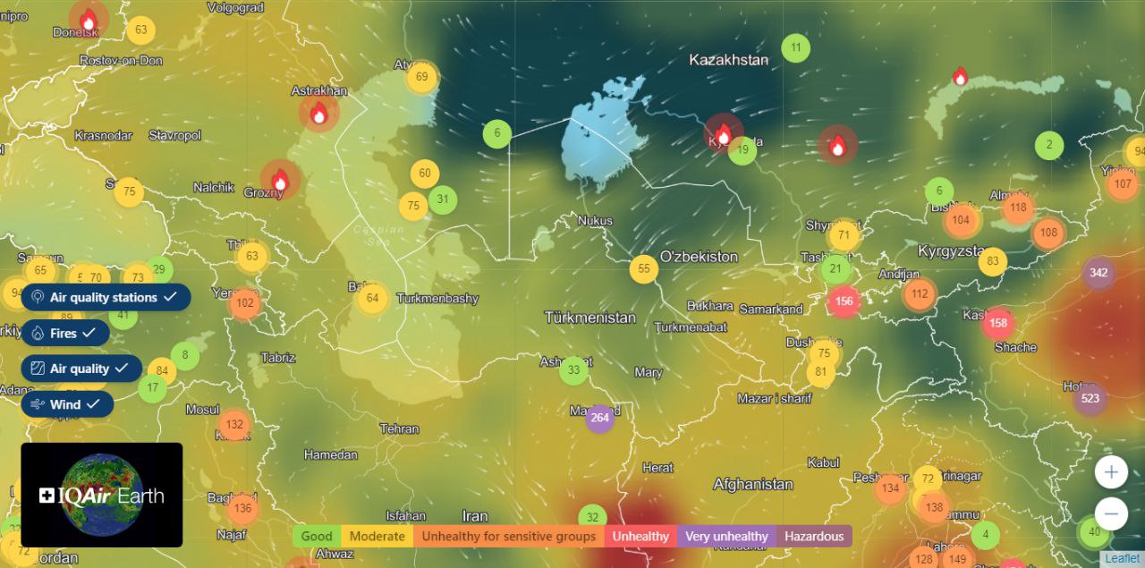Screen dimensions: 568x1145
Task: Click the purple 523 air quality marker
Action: coord(1090,399)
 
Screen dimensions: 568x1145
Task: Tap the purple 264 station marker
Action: coord(599,418)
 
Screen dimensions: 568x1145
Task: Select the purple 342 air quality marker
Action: coord(1098,273)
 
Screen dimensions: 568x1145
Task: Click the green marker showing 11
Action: coord(796,47)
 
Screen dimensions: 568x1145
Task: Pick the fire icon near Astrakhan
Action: coord(318,114)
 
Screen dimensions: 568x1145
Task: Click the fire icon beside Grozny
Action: coord(280,181)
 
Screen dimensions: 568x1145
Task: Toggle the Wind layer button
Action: coord(67,404)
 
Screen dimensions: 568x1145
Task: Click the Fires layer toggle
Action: coord(65,333)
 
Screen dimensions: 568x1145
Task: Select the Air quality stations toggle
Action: coord(106,297)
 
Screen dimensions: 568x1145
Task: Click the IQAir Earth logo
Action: coord(102,495)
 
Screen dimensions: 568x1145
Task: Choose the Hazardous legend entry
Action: coord(814,537)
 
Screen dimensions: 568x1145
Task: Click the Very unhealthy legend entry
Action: coord(726,537)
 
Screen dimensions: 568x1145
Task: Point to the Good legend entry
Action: coord(317,537)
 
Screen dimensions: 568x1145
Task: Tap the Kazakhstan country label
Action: coord(728,60)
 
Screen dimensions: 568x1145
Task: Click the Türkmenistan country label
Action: coord(590,318)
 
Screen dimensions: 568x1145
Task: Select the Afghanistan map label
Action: coord(752,484)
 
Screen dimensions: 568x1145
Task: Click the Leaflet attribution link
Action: coord(1122,558)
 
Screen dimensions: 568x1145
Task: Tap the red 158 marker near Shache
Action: coord(999,323)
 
